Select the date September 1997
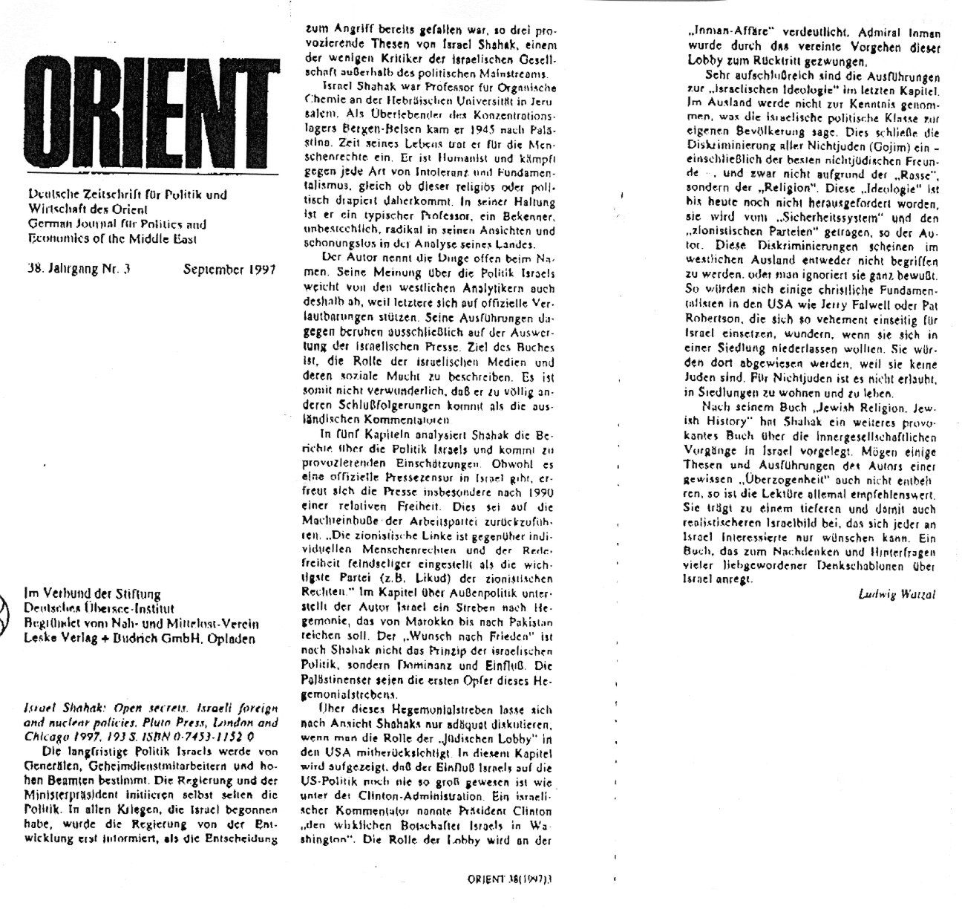229,270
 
